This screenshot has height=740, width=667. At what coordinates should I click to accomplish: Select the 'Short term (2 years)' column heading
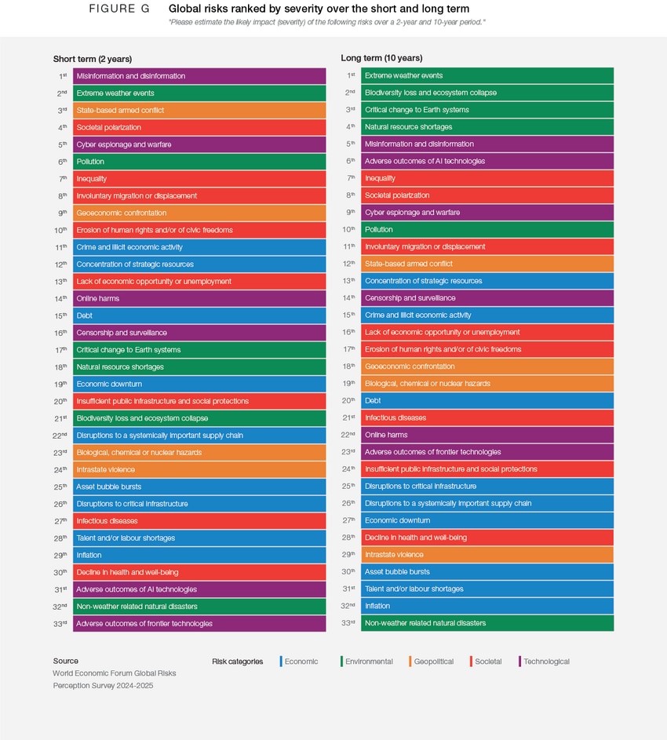(x=93, y=59)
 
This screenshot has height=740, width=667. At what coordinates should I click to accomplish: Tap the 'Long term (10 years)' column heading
(x=381, y=58)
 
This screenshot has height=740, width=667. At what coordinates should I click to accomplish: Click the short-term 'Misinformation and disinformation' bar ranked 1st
(x=199, y=76)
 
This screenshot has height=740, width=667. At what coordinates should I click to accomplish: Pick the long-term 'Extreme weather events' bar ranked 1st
(x=487, y=75)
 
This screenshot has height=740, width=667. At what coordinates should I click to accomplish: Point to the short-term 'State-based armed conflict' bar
(x=199, y=111)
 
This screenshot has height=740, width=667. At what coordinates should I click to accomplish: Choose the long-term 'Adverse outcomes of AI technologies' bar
(x=487, y=161)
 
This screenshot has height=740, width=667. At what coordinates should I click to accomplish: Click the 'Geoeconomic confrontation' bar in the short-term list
(x=199, y=213)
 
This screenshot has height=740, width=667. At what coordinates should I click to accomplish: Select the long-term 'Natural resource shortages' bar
(x=487, y=126)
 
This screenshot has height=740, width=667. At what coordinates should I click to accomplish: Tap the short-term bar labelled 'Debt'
(x=199, y=315)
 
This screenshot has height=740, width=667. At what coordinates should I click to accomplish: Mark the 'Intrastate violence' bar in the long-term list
(x=487, y=555)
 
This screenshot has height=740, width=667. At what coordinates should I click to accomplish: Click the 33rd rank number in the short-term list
(x=60, y=623)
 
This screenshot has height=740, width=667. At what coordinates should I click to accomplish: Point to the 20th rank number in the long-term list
(x=348, y=400)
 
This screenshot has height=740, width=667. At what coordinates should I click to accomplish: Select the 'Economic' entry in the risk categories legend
(x=300, y=662)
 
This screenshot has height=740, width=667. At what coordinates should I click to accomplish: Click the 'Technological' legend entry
(x=545, y=662)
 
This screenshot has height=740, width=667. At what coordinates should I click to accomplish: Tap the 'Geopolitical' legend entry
(x=432, y=662)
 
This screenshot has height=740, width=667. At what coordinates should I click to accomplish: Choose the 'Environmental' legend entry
(x=367, y=662)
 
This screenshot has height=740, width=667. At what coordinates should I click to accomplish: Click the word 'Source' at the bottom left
(x=66, y=661)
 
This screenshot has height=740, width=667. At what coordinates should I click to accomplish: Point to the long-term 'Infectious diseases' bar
(x=487, y=417)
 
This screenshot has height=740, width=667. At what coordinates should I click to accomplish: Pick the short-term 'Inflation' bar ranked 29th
(x=199, y=555)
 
